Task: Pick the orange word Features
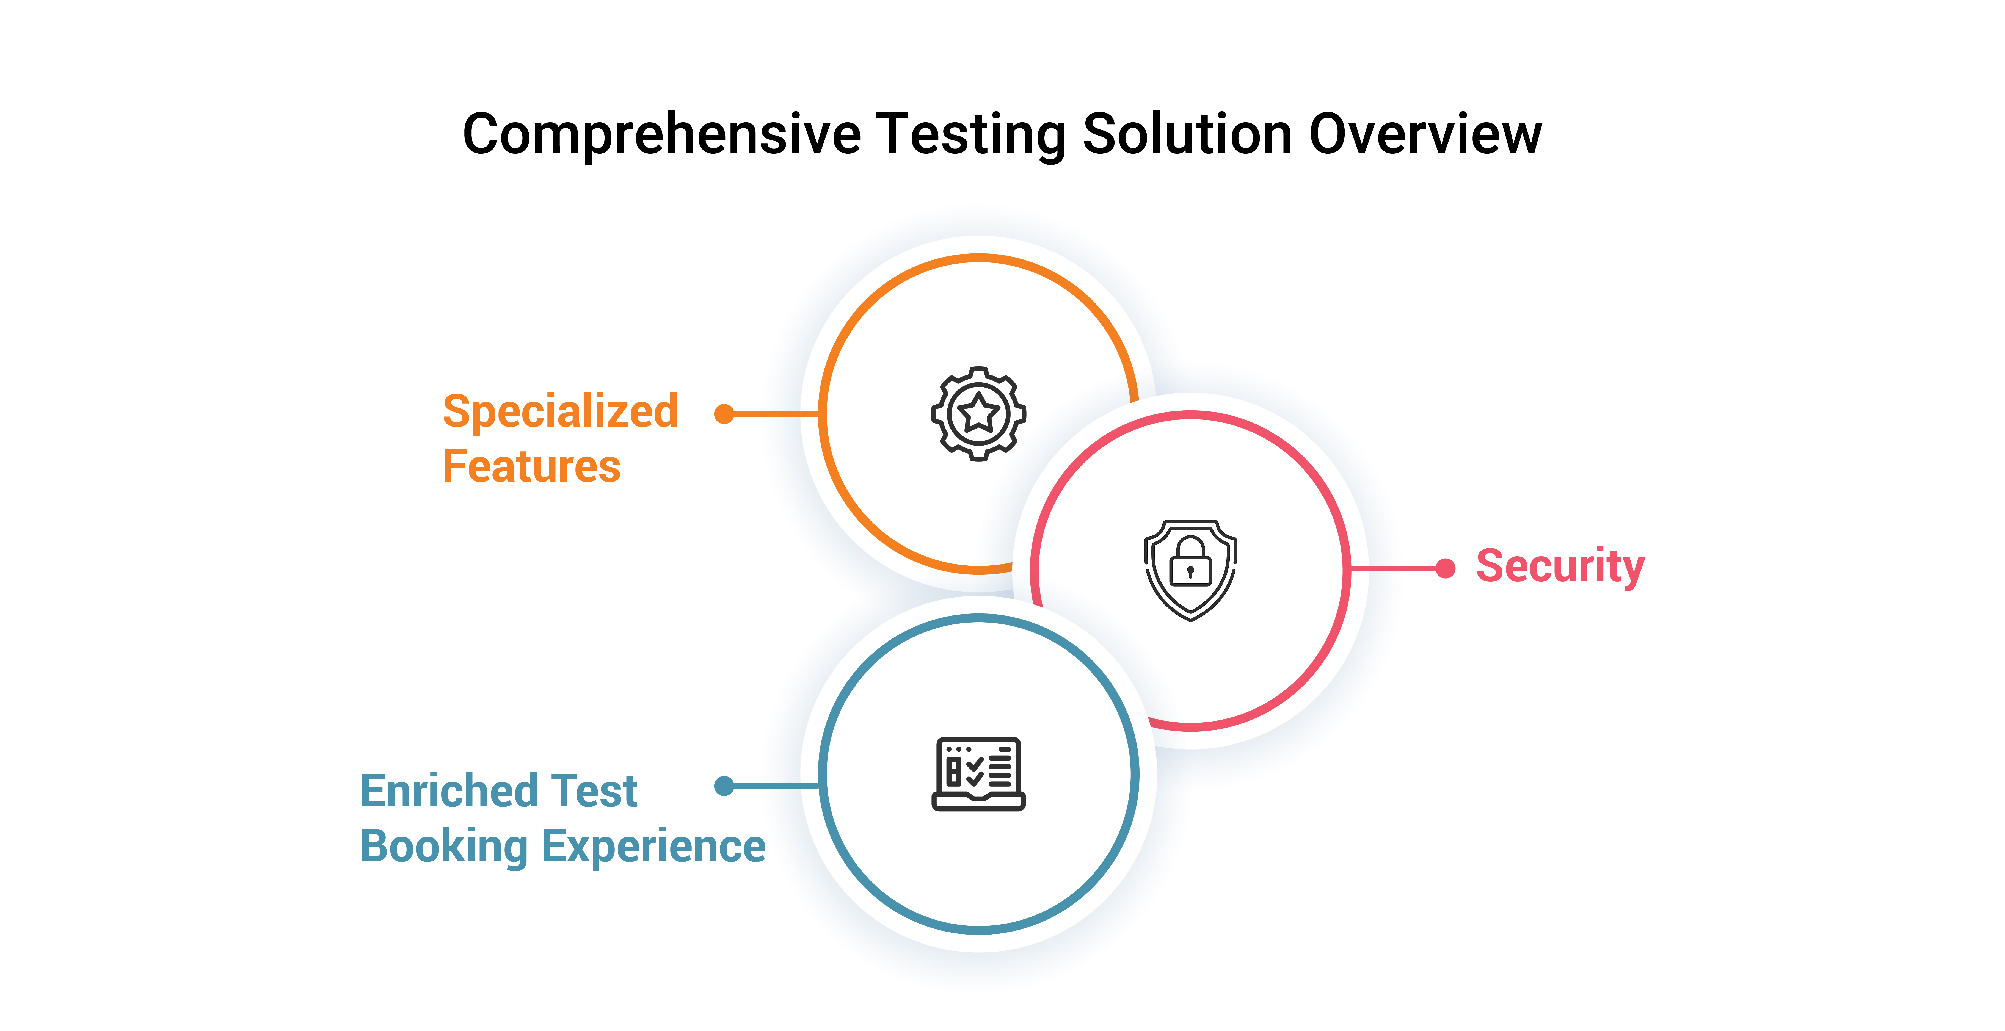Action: coord(532,467)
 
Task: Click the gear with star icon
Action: coord(978,414)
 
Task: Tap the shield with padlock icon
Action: coord(1190,570)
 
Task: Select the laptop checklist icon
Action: coord(978,774)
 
